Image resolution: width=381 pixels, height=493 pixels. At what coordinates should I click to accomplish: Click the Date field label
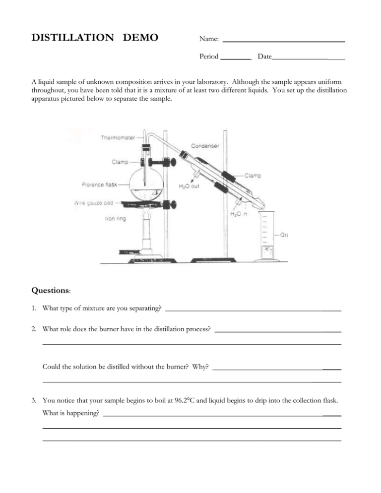click(x=264, y=57)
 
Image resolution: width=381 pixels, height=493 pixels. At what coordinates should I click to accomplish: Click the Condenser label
click(x=205, y=146)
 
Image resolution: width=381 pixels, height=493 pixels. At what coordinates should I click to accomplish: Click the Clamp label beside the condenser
click(x=253, y=175)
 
